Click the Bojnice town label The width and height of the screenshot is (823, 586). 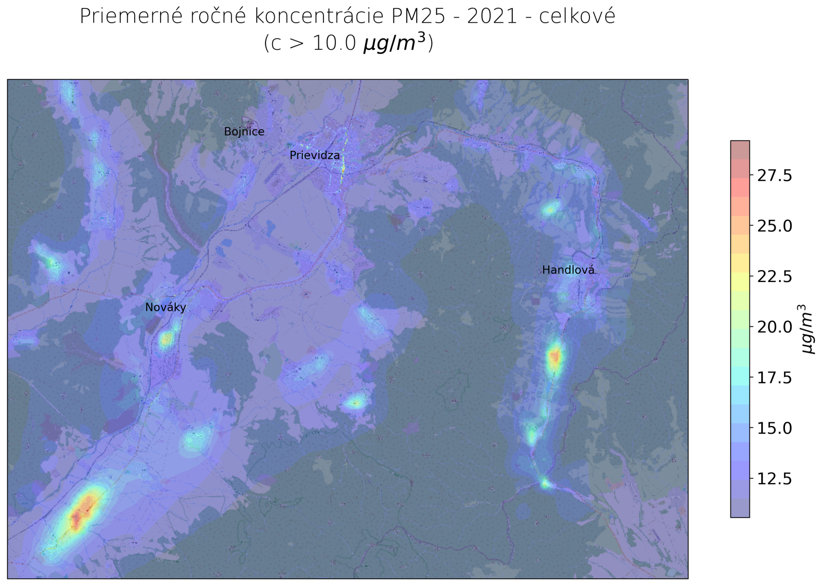[244, 132]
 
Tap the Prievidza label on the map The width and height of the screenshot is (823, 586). [314, 155]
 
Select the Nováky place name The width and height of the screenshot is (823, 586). [165, 308]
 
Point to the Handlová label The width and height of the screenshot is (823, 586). [568, 270]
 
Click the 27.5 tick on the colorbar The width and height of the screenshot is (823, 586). [775, 176]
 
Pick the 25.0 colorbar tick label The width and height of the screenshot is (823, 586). [775, 226]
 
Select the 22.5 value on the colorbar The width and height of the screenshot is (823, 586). [775, 277]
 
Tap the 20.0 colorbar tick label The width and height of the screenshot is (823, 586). [775, 327]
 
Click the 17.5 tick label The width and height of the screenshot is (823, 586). [775, 378]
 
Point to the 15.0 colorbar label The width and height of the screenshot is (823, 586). [775, 428]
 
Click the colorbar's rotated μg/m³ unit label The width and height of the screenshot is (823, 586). [808, 329]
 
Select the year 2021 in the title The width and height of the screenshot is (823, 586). [492, 16]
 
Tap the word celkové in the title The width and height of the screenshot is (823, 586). [577, 16]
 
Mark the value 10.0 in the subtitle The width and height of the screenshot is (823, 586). [334, 43]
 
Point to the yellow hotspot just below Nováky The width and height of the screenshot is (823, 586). [166, 340]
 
